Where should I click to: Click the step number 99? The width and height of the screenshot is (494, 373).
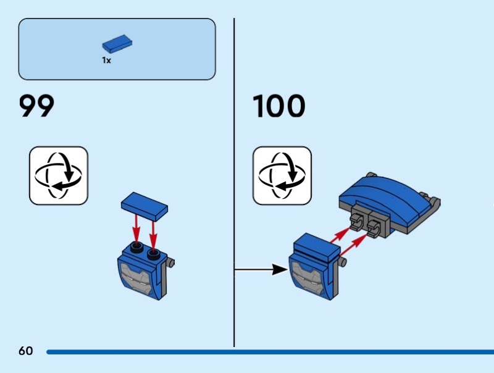pos(37,106)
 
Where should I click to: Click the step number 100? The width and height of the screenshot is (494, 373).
pos(279,106)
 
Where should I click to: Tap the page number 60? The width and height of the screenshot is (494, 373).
pos(25,351)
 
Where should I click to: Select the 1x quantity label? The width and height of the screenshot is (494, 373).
pos(107,61)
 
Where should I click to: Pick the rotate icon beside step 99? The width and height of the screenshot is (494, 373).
pos(59,175)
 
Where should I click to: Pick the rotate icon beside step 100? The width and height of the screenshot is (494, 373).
pos(282,175)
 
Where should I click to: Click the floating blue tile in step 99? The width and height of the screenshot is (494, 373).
pos(146,206)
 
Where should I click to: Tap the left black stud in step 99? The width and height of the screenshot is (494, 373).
pos(135,249)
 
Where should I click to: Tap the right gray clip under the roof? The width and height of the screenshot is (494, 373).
pos(375,225)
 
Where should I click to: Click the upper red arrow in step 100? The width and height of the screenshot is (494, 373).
pos(340,233)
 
